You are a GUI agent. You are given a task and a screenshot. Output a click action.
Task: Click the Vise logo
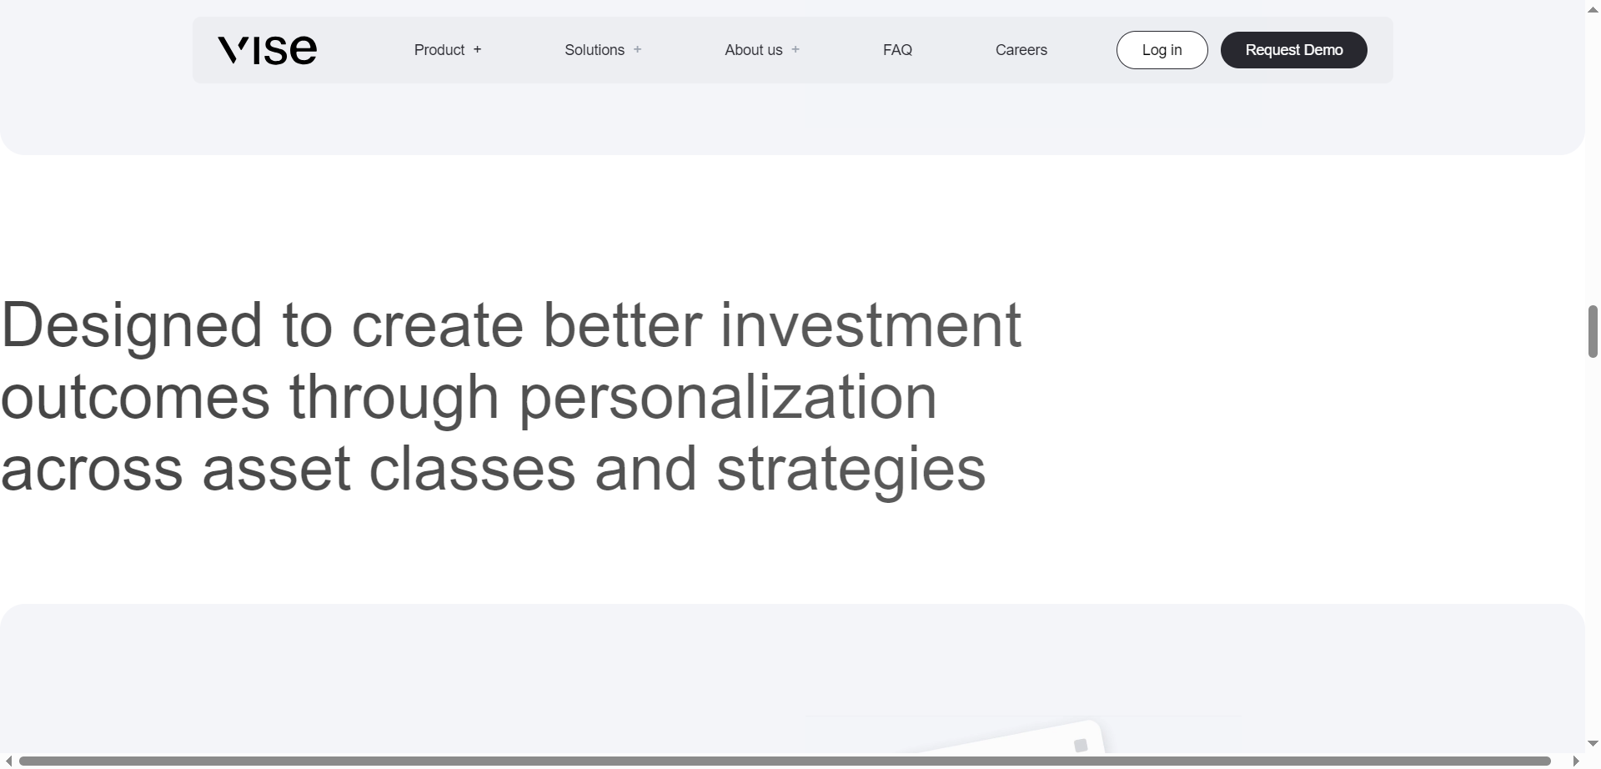pyautogui.click(x=267, y=50)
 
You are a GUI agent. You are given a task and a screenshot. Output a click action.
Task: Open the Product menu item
pyautogui.click(x=439, y=50)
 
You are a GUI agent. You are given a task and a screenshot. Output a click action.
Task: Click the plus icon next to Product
pyautogui.click(x=478, y=50)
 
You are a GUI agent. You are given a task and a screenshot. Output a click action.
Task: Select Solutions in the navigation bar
pyautogui.click(x=594, y=50)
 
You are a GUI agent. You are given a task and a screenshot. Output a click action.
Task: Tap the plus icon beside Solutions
pyautogui.click(x=638, y=50)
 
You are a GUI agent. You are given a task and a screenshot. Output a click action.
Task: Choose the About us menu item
pyautogui.click(x=753, y=50)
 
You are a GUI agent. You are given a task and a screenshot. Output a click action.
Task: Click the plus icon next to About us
pyautogui.click(x=795, y=50)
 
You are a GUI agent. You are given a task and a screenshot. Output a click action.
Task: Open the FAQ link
pyautogui.click(x=897, y=50)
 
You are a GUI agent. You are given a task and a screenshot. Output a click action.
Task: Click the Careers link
pyautogui.click(x=1021, y=50)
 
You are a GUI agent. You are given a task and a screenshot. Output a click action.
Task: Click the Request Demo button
pyautogui.click(x=1293, y=50)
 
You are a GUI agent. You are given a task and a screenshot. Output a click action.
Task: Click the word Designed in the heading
pyautogui.click(x=132, y=326)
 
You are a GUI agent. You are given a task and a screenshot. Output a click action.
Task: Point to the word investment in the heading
pyautogui.click(x=871, y=325)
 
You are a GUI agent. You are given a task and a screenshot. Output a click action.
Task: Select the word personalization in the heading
pyautogui.click(x=728, y=398)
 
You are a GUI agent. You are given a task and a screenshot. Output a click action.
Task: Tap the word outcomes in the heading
pyautogui.click(x=135, y=398)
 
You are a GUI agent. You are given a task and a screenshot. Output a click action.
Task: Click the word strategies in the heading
pyautogui.click(x=851, y=470)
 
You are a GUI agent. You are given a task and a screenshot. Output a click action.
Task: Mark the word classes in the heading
pyautogui.click(x=472, y=470)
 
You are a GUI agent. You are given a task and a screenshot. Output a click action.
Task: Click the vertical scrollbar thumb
pyautogui.click(x=1593, y=332)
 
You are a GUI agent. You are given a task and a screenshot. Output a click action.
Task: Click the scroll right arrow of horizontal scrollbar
pyautogui.click(x=1576, y=761)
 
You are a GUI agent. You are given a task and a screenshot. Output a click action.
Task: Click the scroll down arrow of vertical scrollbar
pyautogui.click(x=1593, y=744)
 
